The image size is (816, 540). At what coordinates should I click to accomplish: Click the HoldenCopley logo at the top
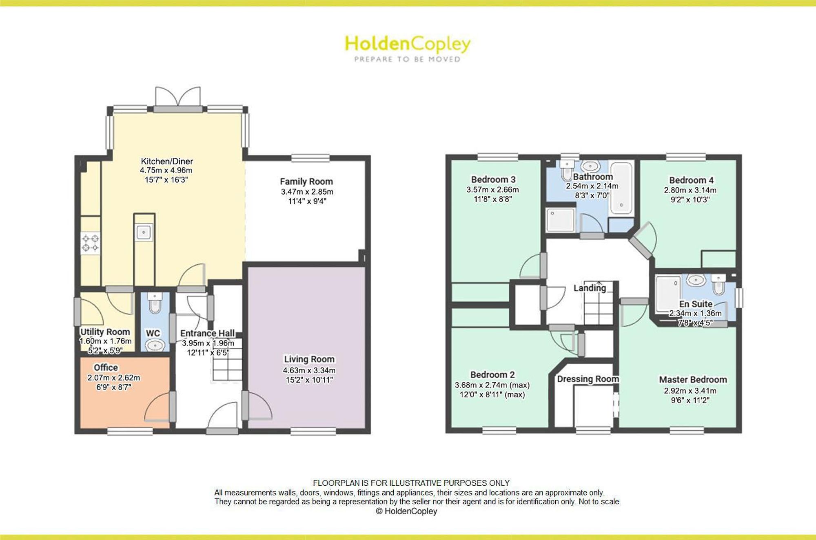[408, 49]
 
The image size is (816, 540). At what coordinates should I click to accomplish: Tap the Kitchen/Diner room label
[167, 161]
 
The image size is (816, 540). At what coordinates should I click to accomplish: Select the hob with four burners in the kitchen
[90, 243]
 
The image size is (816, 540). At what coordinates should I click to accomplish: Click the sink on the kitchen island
[144, 232]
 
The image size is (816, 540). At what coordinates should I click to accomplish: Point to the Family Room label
[306, 181]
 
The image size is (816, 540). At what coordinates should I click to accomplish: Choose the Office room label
[106, 367]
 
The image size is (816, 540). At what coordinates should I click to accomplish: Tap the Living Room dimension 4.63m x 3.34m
[309, 370]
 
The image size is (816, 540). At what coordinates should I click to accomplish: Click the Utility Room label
[105, 332]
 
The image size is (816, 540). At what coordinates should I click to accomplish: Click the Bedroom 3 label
[493, 179]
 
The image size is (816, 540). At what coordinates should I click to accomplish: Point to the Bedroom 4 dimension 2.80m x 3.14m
[690, 190]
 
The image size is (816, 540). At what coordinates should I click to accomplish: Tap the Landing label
[590, 288]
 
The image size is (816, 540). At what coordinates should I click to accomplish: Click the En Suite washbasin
[696, 280]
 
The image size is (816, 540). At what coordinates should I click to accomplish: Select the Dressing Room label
[588, 379]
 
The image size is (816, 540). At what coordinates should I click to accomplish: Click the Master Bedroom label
[693, 379]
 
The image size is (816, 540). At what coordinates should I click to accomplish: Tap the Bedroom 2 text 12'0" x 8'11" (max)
[492, 395]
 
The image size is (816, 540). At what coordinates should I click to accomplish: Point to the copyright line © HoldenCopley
[406, 511]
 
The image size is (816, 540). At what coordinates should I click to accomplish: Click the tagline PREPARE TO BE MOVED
[407, 59]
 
